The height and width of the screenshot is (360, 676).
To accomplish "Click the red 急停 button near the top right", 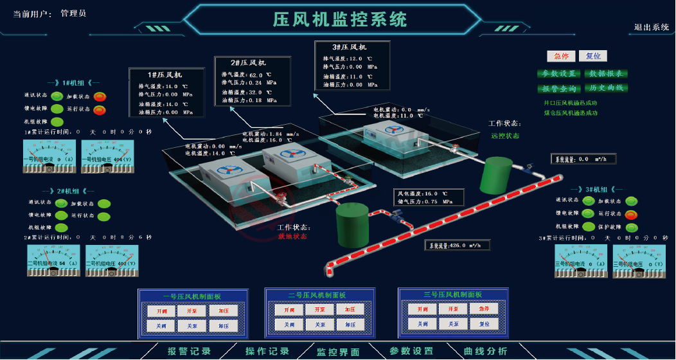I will point(560,56).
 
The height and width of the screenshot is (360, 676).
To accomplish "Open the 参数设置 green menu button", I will point(558,74).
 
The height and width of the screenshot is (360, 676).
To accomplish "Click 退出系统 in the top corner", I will point(652,27).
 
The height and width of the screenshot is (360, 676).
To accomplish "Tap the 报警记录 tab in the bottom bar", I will point(189,352).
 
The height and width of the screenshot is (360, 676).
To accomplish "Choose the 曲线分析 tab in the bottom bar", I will point(485,352).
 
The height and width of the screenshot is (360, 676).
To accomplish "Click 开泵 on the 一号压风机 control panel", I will point(191,310).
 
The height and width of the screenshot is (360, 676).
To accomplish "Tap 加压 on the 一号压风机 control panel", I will point(223,310).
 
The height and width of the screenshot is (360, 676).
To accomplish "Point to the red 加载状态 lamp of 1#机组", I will point(100,97).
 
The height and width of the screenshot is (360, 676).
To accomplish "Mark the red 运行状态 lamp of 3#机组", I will point(632,214).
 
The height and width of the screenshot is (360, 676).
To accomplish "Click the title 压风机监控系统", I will point(340,19).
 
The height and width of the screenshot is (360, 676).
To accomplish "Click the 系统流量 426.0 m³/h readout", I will point(457,245).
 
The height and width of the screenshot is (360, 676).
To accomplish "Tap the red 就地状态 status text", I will point(293,236).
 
